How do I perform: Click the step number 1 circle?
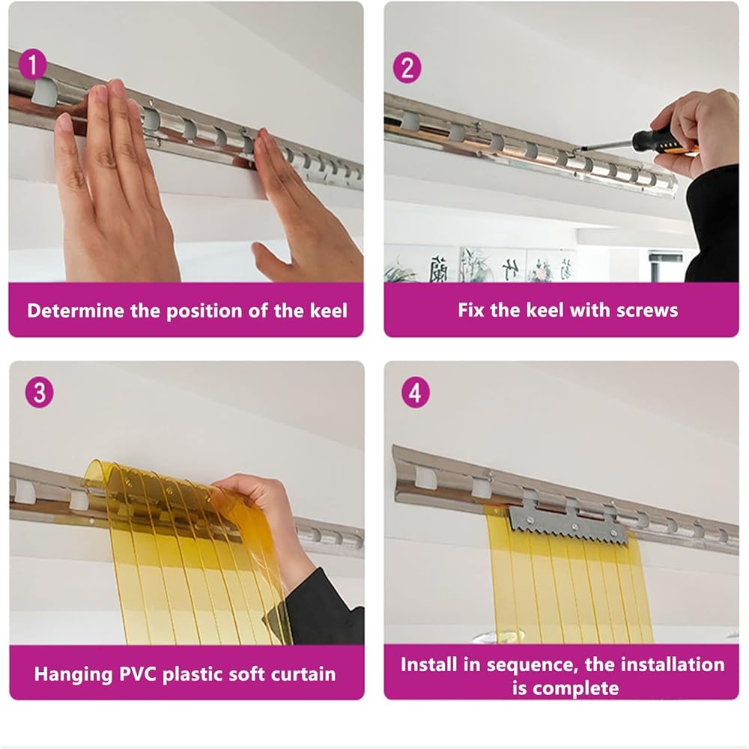click(33, 64)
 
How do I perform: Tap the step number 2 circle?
click(407, 68)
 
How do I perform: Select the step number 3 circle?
click(39, 392)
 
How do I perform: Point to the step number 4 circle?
click(416, 392)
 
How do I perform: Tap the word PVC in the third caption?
click(139, 674)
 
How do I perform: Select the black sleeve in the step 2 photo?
click(713, 225)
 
